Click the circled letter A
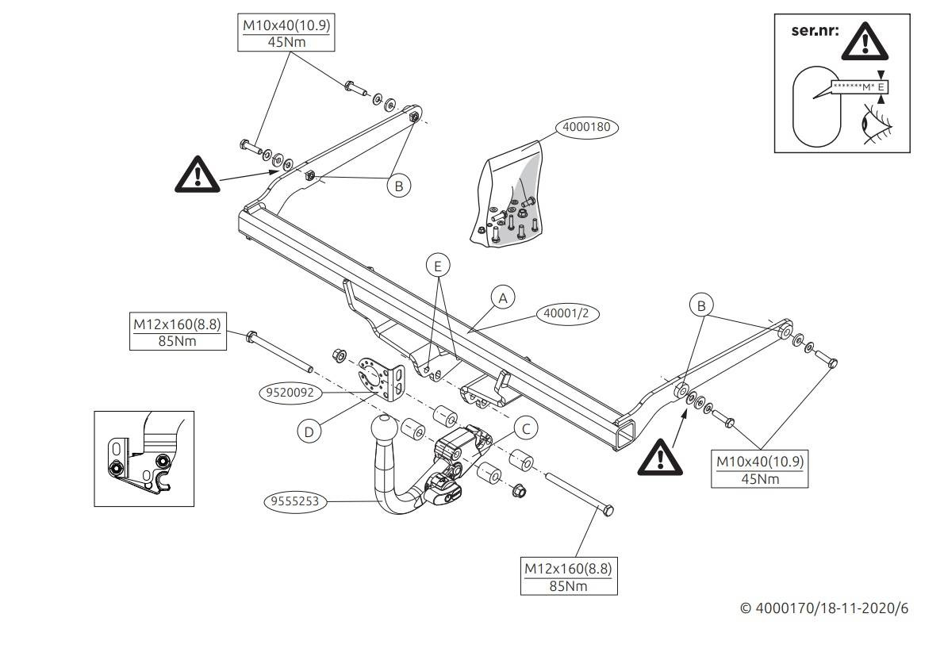tap(501, 297)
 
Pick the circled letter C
tap(524, 428)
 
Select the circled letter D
tap(309, 431)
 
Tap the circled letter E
tap(437, 267)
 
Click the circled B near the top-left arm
tap(399, 186)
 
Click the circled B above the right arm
tap(700, 305)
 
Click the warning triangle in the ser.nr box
tap(864, 44)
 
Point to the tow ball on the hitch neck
tap(386, 430)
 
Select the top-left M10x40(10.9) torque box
tap(286, 33)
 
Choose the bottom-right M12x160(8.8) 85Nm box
tap(568, 577)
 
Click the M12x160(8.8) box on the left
tap(176, 332)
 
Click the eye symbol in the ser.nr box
tap(877, 125)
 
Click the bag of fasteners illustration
tap(512, 195)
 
